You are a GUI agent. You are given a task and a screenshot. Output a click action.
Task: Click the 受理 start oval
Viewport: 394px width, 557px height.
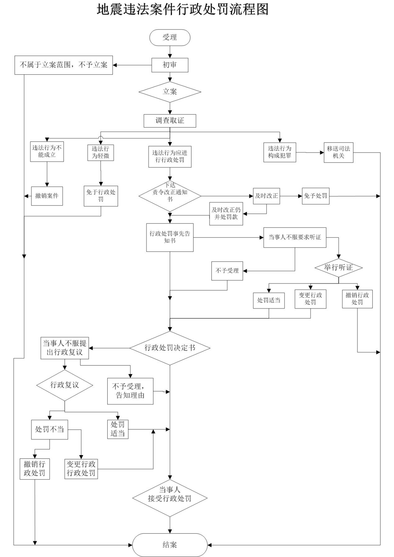(x=169, y=38)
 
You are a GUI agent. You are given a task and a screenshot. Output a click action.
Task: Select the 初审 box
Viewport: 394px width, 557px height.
(x=170, y=65)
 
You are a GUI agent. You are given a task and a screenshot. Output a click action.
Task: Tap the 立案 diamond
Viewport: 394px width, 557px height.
(x=170, y=92)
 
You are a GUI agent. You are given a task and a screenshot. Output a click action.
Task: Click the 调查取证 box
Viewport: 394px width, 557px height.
(x=170, y=121)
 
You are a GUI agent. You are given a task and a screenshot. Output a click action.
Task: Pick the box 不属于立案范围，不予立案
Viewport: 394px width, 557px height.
(x=63, y=65)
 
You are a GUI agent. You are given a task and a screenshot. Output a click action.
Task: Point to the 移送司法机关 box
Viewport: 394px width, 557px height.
(x=338, y=152)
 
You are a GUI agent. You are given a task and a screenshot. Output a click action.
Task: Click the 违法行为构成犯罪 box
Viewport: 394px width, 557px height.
(x=280, y=152)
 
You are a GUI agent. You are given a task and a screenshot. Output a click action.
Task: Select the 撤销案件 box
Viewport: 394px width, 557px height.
(x=47, y=196)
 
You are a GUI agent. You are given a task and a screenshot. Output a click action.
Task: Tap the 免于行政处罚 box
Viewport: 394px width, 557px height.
(x=101, y=196)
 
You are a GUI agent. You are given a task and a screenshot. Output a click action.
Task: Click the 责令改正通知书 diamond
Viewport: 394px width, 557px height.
(x=170, y=196)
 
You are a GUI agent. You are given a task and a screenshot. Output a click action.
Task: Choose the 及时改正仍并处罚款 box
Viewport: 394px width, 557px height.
(x=226, y=214)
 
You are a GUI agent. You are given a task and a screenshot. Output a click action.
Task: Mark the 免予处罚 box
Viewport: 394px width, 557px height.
(x=316, y=196)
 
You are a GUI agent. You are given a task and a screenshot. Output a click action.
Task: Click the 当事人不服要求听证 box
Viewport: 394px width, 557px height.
(x=295, y=237)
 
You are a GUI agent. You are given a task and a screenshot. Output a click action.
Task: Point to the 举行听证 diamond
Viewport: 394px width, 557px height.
(x=338, y=268)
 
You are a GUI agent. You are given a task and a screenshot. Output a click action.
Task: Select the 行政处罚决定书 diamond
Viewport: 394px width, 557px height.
(x=170, y=348)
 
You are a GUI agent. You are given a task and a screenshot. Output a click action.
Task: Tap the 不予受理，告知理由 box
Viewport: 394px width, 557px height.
(x=130, y=391)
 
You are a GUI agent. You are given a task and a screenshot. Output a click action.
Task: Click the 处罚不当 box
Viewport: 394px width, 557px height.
(x=49, y=430)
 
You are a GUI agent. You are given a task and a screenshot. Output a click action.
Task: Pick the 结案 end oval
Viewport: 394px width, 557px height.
(x=170, y=545)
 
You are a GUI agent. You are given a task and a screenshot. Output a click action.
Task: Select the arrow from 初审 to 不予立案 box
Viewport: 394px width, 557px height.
(x=132, y=65)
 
